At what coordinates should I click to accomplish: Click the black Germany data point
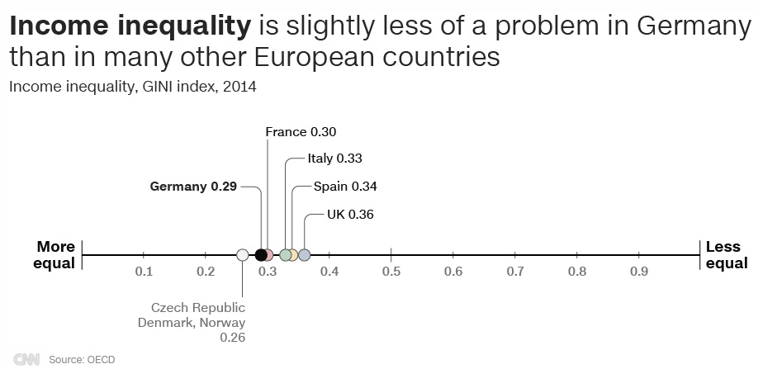click(x=261, y=255)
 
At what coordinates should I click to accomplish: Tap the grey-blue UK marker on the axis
click(x=304, y=255)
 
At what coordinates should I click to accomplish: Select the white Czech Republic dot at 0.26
click(x=242, y=255)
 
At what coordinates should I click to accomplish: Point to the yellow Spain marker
click(x=292, y=255)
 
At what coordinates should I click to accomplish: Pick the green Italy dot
click(x=286, y=255)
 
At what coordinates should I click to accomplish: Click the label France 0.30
click(x=301, y=131)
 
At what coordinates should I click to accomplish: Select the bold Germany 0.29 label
click(x=193, y=187)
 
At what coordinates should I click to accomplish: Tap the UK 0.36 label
click(x=350, y=214)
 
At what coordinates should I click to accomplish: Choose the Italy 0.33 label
click(x=334, y=158)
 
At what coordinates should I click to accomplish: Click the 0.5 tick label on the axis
click(x=391, y=272)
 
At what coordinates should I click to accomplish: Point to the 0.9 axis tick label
click(x=639, y=272)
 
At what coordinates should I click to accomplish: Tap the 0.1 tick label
click(x=144, y=272)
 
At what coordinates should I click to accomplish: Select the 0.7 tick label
click(x=515, y=272)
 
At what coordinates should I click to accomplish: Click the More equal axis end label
click(x=55, y=255)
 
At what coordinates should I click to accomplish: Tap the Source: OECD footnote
click(x=82, y=360)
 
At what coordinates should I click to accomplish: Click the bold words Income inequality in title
click(x=129, y=28)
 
